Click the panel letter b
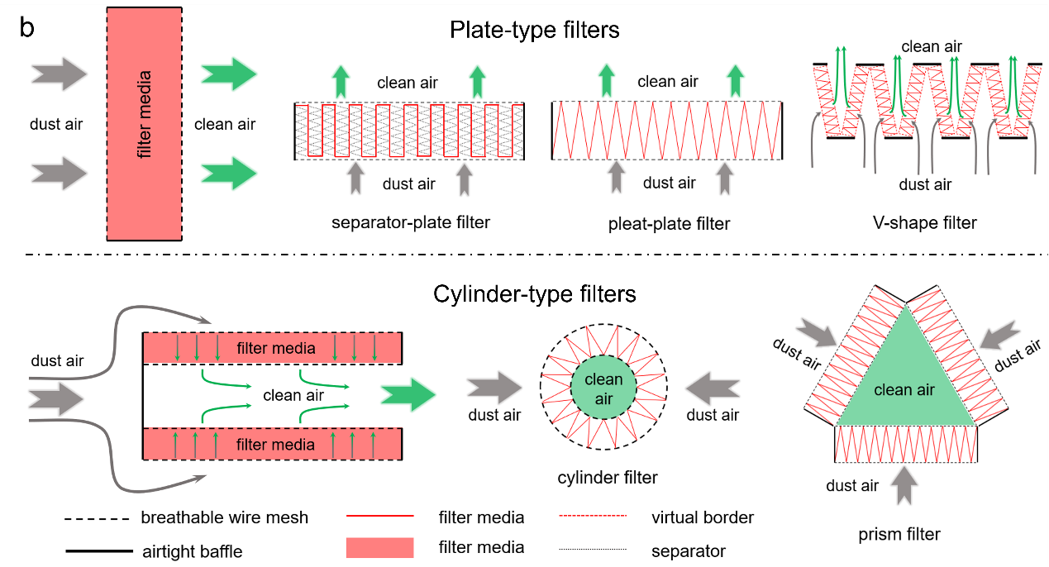pos(27,29)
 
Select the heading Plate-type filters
pos(534,31)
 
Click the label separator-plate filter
pos(411,222)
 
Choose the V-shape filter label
pos(925,222)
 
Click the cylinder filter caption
pos(608,477)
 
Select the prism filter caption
pos(900,534)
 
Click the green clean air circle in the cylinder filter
pos(603,389)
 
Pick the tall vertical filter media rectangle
pos(145,122)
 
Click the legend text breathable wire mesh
pos(224,518)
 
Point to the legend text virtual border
pos(703,518)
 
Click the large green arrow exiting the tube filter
pos(408,397)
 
